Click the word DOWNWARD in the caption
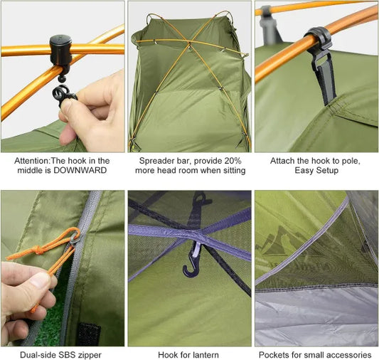tap(80, 170)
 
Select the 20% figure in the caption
tap(233, 161)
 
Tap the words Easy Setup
tap(316, 171)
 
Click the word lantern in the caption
tap(205, 355)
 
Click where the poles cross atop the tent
tap(189, 43)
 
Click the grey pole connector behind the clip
tap(269, 26)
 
